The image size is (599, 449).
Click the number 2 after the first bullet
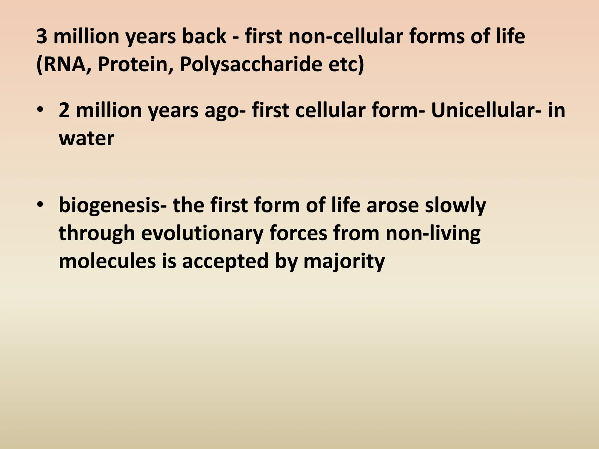tap(64, 111)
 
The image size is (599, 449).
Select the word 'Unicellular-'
tap(485, 111)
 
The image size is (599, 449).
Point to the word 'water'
tap(86, 138)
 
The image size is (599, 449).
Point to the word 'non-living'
tap(433, 233)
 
